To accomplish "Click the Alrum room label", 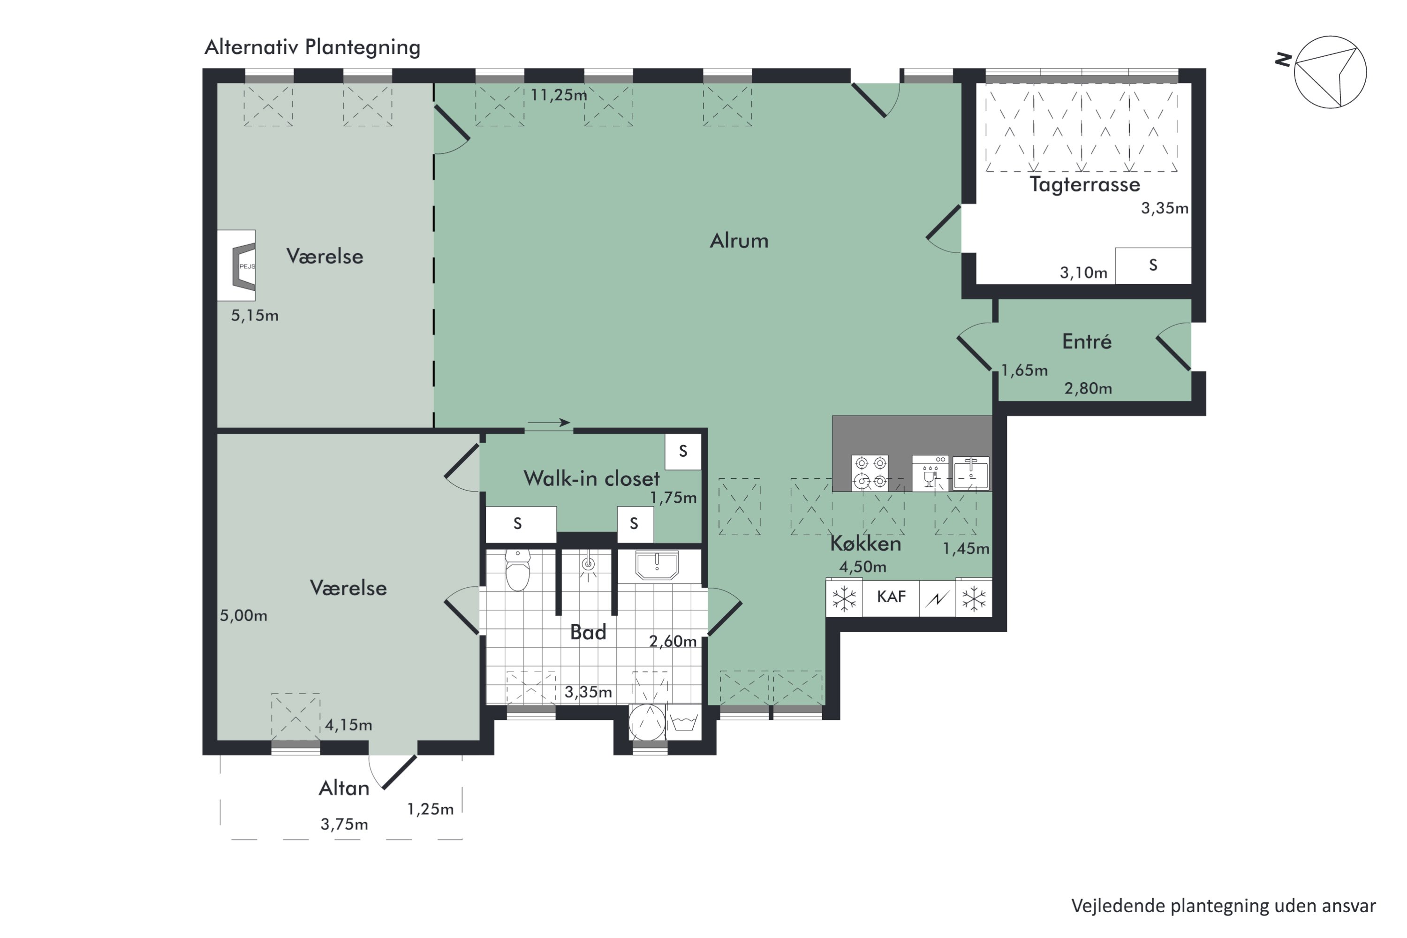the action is point(739,241).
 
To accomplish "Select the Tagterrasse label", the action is point(1084,185).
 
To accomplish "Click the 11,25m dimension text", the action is point(559,95).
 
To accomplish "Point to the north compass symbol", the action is point(1329,72).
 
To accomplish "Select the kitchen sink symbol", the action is point(970,473).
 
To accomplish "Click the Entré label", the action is point(1087,341).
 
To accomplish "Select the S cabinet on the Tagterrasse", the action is point(1153,265).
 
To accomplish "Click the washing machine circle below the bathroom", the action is point(647,722).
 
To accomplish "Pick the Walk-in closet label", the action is point(591,478).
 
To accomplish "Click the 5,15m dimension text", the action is point(255,315).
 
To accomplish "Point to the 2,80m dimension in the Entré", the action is point(1088,389).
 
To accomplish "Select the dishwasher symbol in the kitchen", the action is point(930,473).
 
